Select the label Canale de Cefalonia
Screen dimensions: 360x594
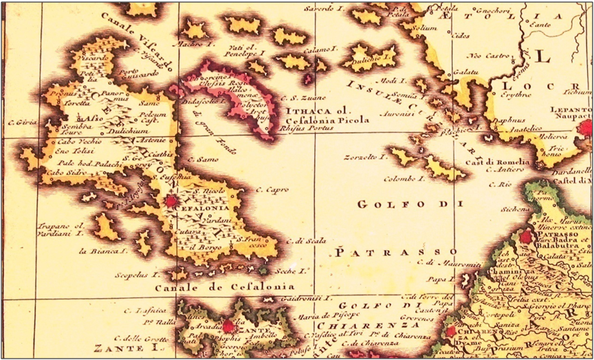pos(224,286)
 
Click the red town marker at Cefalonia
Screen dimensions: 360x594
pos(170,201)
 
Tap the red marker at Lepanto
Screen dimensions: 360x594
pos(585,127)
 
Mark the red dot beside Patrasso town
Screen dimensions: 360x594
pos(526,236)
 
